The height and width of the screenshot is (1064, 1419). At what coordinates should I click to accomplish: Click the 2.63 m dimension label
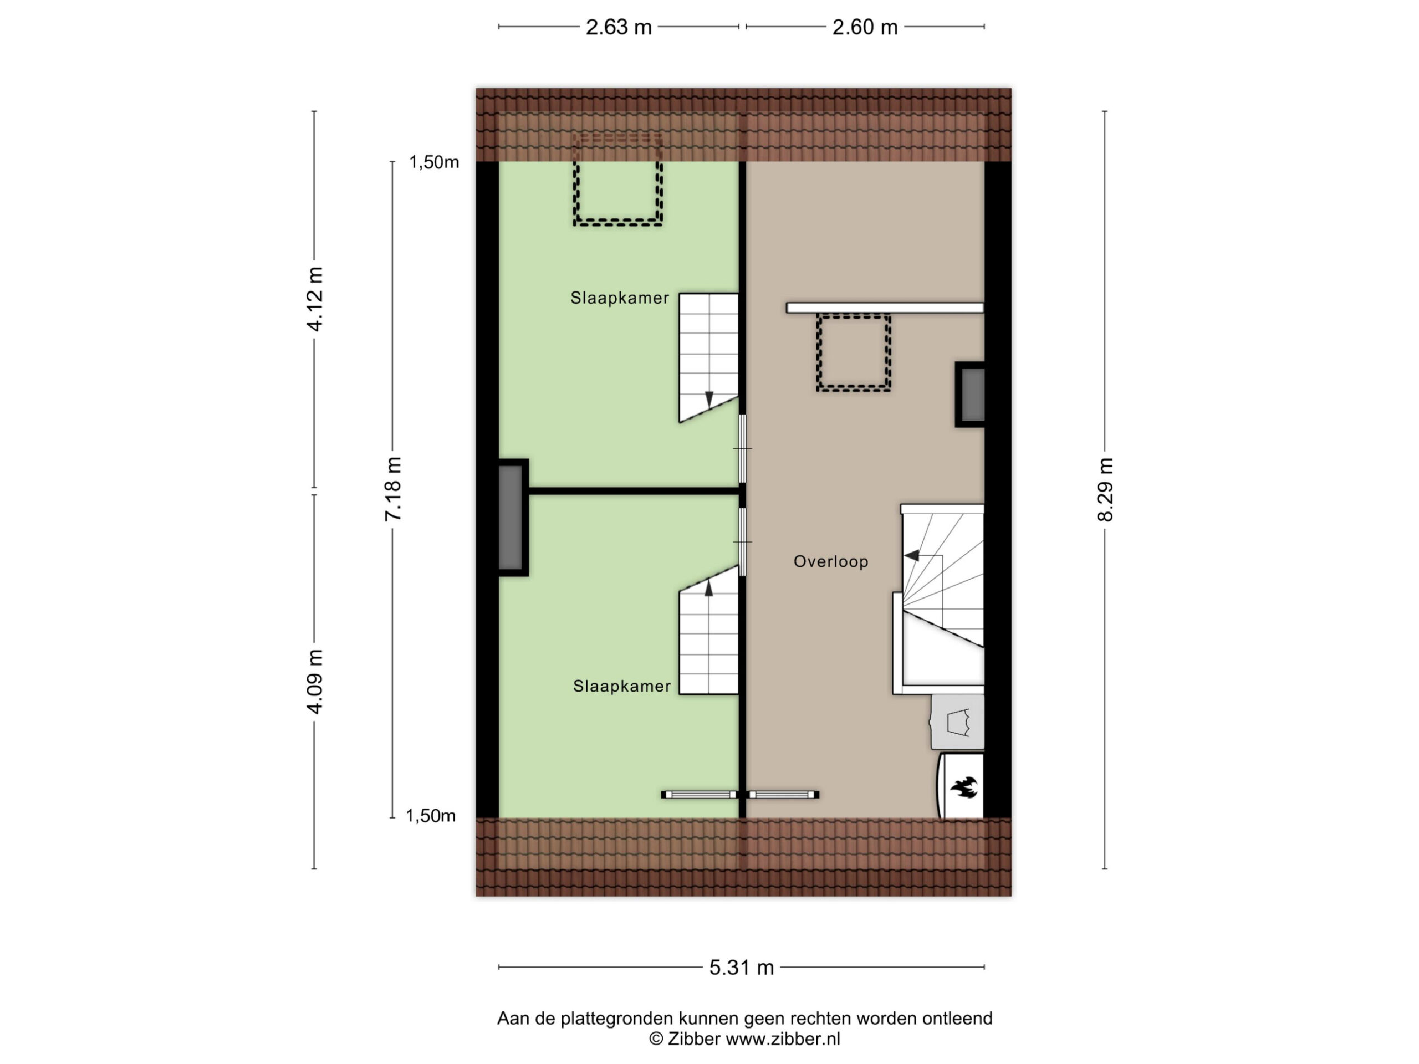(x=619, y=27)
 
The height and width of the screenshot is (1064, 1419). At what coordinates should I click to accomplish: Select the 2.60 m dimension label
(x=865, y=27)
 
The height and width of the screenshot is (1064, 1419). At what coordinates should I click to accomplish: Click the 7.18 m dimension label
(x=393, y=489)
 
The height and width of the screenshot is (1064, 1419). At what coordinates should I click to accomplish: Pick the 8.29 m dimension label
(x=1105, y=490)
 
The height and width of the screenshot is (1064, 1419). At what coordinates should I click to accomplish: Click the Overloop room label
(x=831, y=561)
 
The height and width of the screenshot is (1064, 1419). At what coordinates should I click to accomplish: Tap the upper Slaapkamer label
(x=620, y=298)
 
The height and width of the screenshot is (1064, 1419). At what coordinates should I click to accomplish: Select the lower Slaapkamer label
(x=621, y=686)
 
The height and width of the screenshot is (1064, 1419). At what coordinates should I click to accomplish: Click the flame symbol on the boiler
(x=963, y=787)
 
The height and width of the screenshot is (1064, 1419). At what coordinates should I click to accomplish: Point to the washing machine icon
(x=958, y=722)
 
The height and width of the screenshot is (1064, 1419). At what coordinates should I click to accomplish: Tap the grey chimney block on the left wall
(x=513, y=518)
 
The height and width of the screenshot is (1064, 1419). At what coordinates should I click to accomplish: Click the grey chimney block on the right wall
(x=971, y=395)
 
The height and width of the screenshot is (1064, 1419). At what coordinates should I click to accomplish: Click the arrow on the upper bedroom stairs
(x=709, y=399)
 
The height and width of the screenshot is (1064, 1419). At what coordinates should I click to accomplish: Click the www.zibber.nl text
(x=783, y=1039)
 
